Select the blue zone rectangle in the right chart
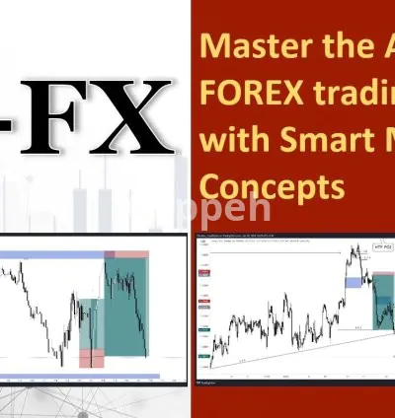tap(353, 282)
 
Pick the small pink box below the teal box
tap(90, 356)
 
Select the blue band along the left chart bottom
tap(79, 376)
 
